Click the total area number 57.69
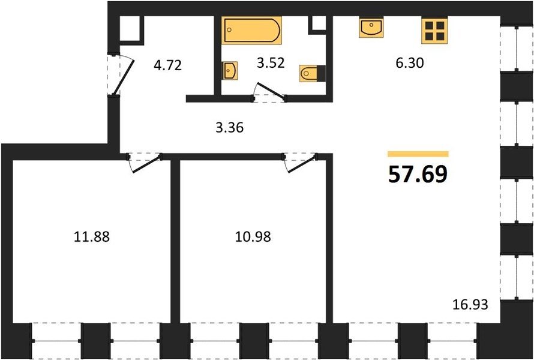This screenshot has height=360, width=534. (x=418, y=175)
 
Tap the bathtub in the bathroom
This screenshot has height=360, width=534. (x=251, y=31)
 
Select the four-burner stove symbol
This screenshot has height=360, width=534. (x=434, y=31)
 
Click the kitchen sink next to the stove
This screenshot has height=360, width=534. (x=371, y=28)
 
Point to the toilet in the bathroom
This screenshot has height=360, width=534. (x=313, y=73)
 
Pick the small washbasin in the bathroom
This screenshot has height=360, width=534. (x=230, y=71)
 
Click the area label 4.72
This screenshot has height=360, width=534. (x=167, y=65)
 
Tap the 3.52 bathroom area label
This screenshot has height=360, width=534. (x=271, y=63)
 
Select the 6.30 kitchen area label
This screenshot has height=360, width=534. (x=410, y=63)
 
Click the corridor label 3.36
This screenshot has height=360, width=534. (x=230, y=128)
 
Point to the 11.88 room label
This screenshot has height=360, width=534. (x=92, y=236)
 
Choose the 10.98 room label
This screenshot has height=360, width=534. (x=253, y=236)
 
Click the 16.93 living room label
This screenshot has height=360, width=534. (x=470, y=304)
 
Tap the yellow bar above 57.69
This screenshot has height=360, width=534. (x=418, y=154)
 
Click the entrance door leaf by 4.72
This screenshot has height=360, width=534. (x=124, y=77)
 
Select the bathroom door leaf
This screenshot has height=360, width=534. (x=271, y=91)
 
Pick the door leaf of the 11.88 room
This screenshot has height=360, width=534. (x=146, y=164)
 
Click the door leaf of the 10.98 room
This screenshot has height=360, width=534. (x=302, y=164)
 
